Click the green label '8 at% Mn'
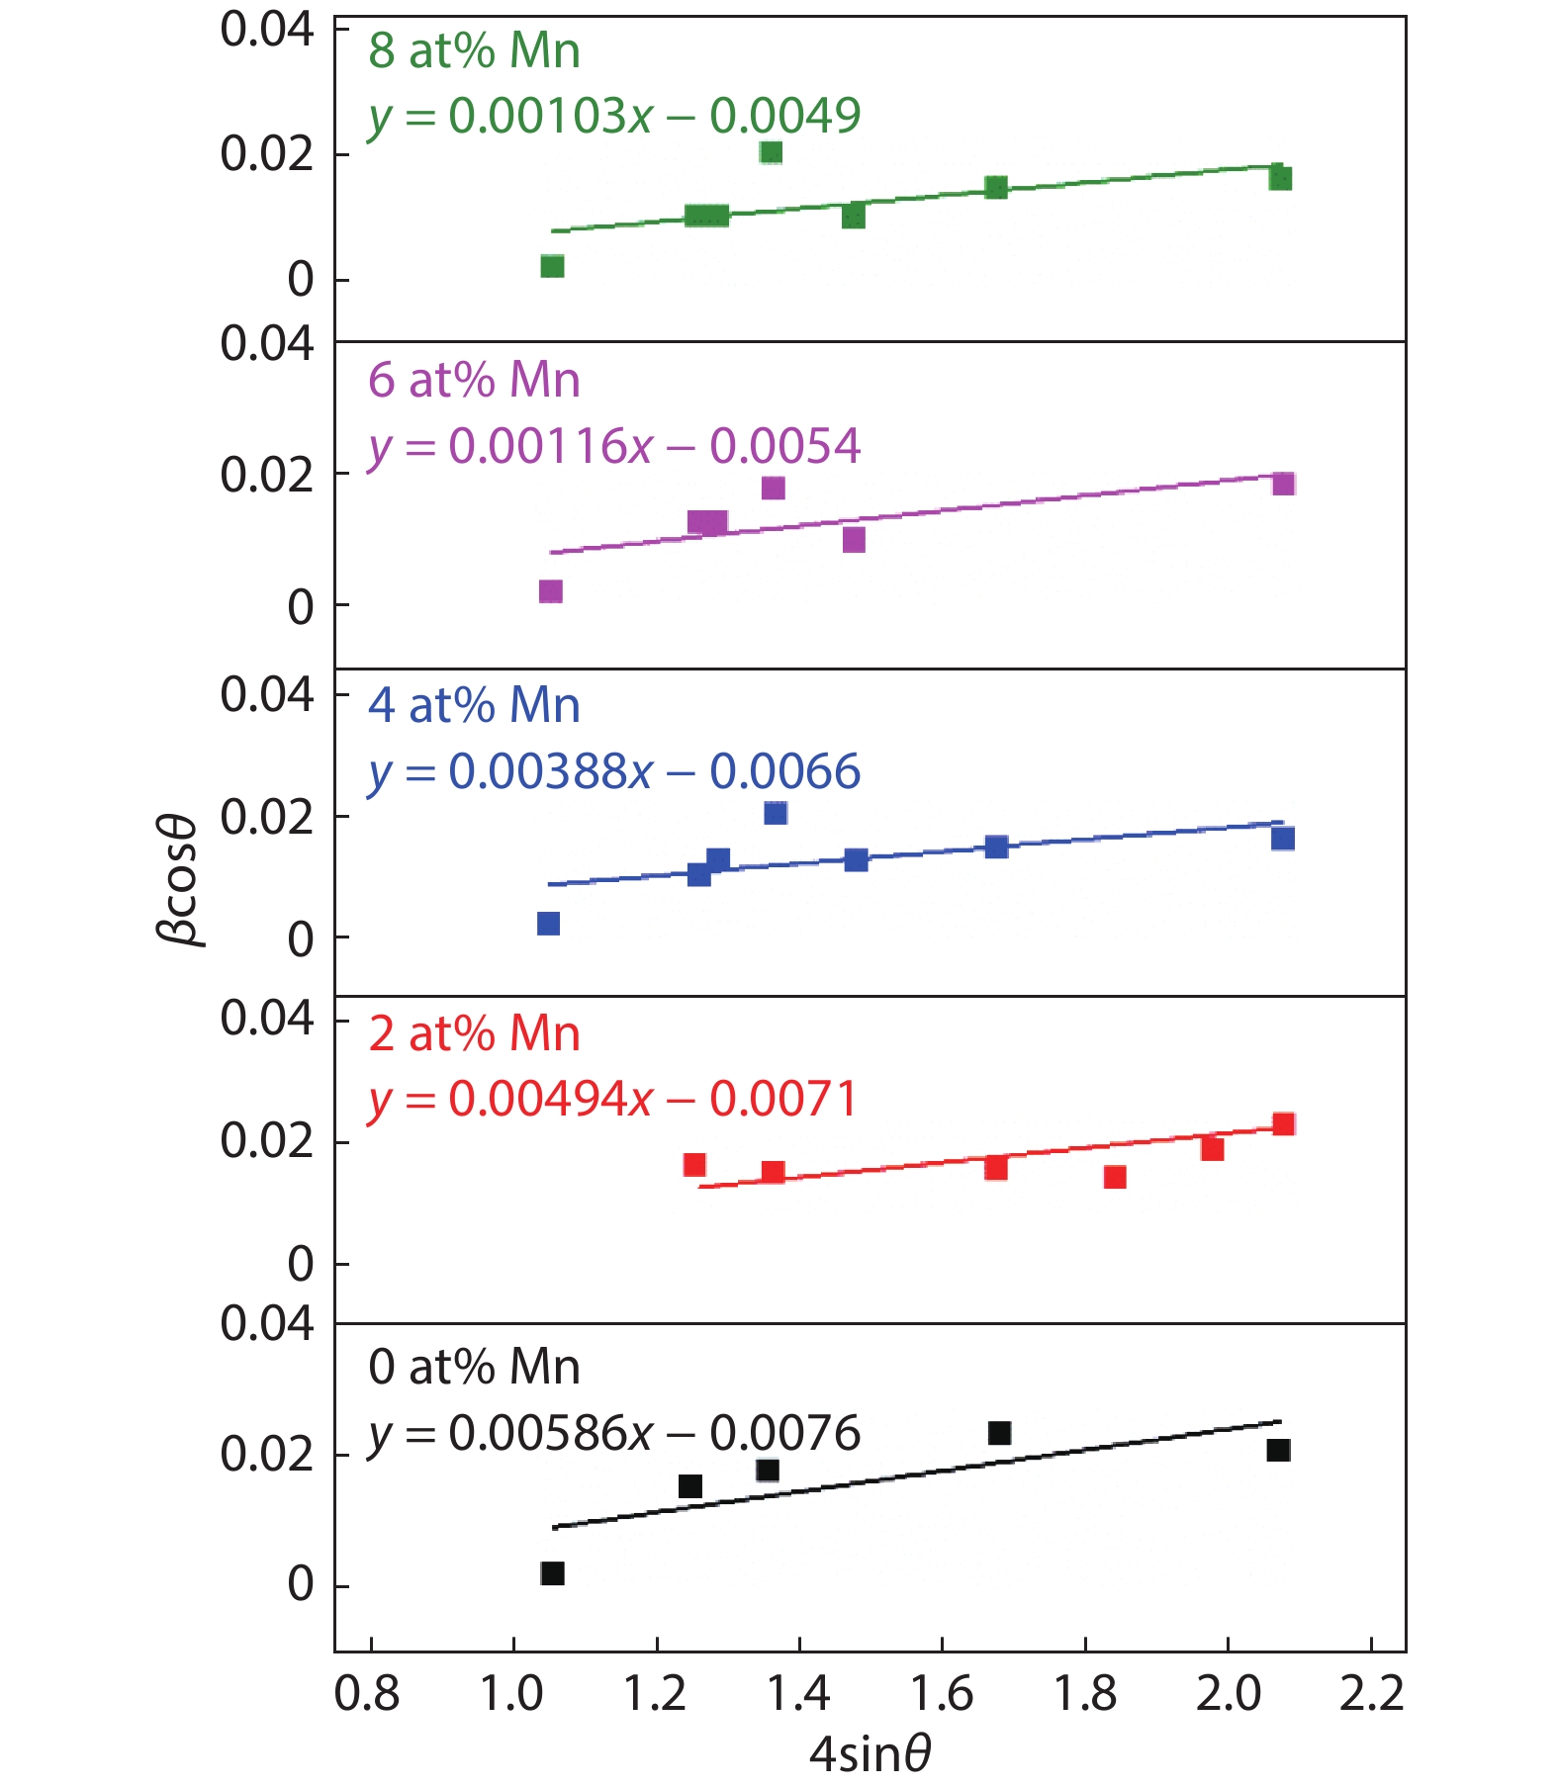pyautogui.click(x=474, y=51)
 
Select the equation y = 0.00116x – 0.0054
pyautogui.click(x=614, y=446)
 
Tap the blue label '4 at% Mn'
pyautogui.click(x=474, y=706)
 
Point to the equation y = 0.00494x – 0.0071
pyautogui.click(x=612, y=1099)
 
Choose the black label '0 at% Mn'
pyautogui.click(x=474, y=1368)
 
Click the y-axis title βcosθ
pyautogui.click(x=179, y=880)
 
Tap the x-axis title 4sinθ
pyautogui.click(x=870, y=1753)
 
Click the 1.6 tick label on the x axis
pyautogui.click(x=942, y=1694)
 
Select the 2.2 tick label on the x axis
pyautogui.click(x=1371, y=1694)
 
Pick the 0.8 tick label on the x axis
pyautogui.click(x=368, y=1694)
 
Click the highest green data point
pyautogui.click(x=772, y=152)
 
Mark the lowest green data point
pyautogui.click(x=553, y=266)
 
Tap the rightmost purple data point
pyautogui.click(x=1283, y=484)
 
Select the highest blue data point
pyautogui.click(x=776, y=813)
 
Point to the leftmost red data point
pyautogui.click(x=694, y=1164)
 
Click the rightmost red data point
pyautogui.click(x=1283, y=1124)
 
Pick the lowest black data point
pyautogui.click(x=553, y=1573)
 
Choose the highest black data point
pyautogui.click(x=999, y=1433)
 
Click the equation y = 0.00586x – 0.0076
pyautogui.click(x=614, y=1434)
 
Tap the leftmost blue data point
pyautogui.click(x=548, y=924)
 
